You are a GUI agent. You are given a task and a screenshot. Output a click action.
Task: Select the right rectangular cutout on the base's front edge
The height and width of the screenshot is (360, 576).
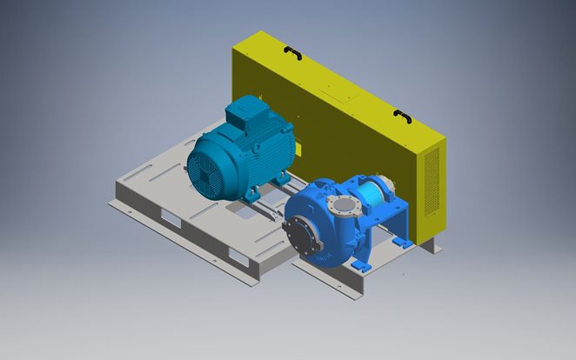pos(238,254)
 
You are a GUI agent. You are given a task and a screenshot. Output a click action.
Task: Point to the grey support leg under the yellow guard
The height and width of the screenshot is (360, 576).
pos(430,247)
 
